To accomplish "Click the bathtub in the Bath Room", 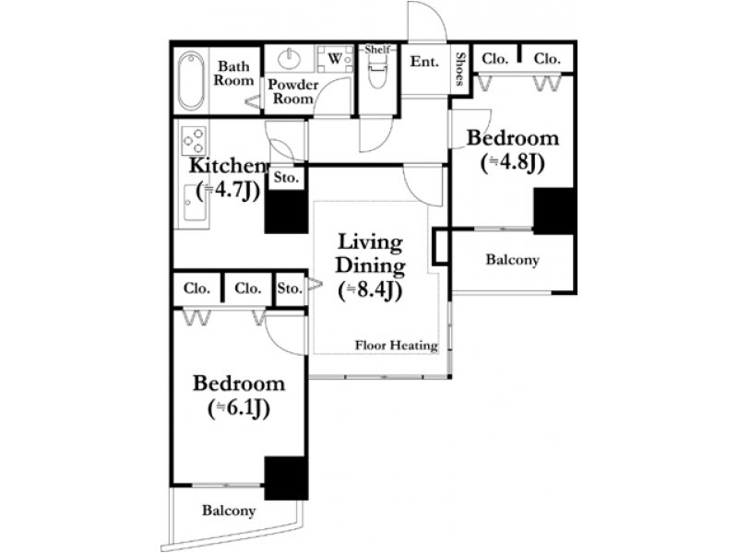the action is (192, 80).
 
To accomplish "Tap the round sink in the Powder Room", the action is (289, 59).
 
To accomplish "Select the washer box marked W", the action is (335, 59).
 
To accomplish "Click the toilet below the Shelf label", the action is (377, 71).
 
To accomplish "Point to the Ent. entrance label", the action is (424, 62).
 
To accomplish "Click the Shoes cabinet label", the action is (460, 68).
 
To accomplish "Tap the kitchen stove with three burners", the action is (195, 141).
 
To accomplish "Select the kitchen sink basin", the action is (195, 203).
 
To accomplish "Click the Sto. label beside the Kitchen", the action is (286, 178).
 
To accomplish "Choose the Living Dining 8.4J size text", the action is (370, 290).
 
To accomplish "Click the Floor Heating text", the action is (397, 345).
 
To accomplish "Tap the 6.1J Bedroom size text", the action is (239, 408).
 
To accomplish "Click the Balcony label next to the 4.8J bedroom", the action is (513, 260).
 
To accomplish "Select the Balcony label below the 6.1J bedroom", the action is (229, 511).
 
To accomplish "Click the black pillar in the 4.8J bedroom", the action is (554, 211).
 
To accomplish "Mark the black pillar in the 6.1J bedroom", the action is (286, 477).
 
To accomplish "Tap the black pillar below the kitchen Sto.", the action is (286, 212).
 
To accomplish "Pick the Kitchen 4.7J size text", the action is (228, 191).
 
